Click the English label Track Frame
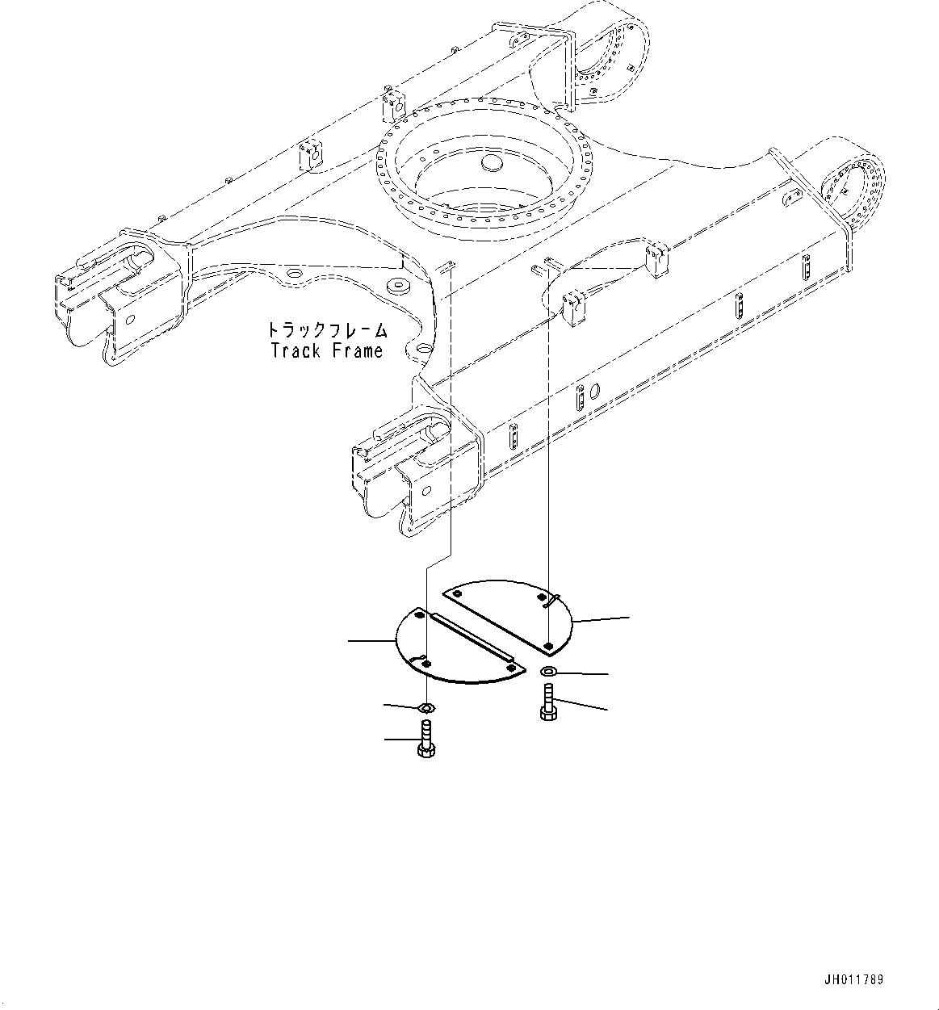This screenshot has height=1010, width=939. click(327, 351)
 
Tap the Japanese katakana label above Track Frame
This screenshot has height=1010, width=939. click(327, 331)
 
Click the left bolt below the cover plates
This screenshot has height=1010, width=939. click(425, 739)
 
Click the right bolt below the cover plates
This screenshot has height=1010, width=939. click(547, 701)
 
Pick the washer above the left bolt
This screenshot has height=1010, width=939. click(425, 708)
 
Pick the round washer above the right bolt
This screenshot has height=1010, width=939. click(548, 672)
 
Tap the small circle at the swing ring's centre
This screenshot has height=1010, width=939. click(490, 163)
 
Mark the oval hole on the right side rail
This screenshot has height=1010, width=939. click(595, 392)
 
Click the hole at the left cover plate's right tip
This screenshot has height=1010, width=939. click(510, 667)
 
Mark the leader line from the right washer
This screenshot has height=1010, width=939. click(581, 673)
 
